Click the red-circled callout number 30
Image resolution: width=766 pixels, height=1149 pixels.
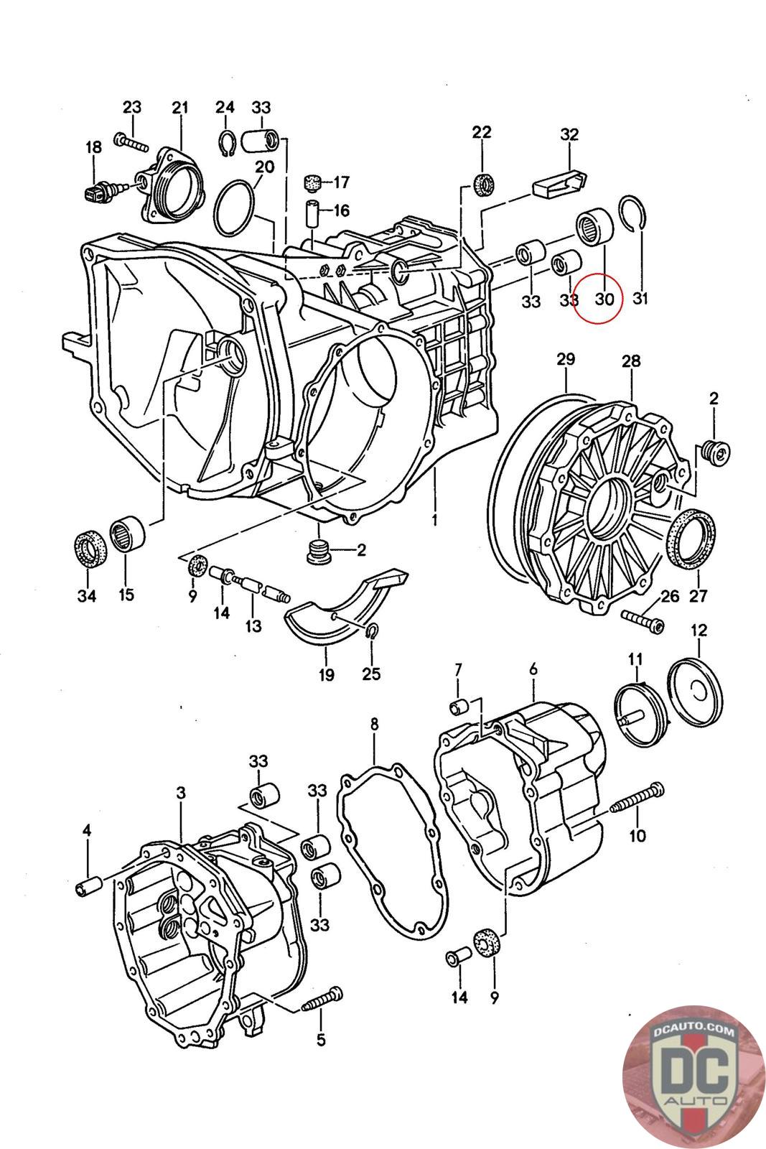(604, 299)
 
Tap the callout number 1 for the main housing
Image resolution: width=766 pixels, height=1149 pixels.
(434, 520)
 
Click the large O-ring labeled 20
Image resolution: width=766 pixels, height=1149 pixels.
(235, 208)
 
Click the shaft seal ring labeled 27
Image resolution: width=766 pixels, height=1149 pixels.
(691, 539)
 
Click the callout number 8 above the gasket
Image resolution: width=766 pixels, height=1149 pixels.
(374, 724)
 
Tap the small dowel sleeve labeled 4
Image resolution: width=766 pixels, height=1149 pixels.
(89, 888)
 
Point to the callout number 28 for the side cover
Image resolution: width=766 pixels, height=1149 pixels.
(630, 361)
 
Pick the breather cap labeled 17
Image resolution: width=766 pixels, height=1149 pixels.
(312, 182)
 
